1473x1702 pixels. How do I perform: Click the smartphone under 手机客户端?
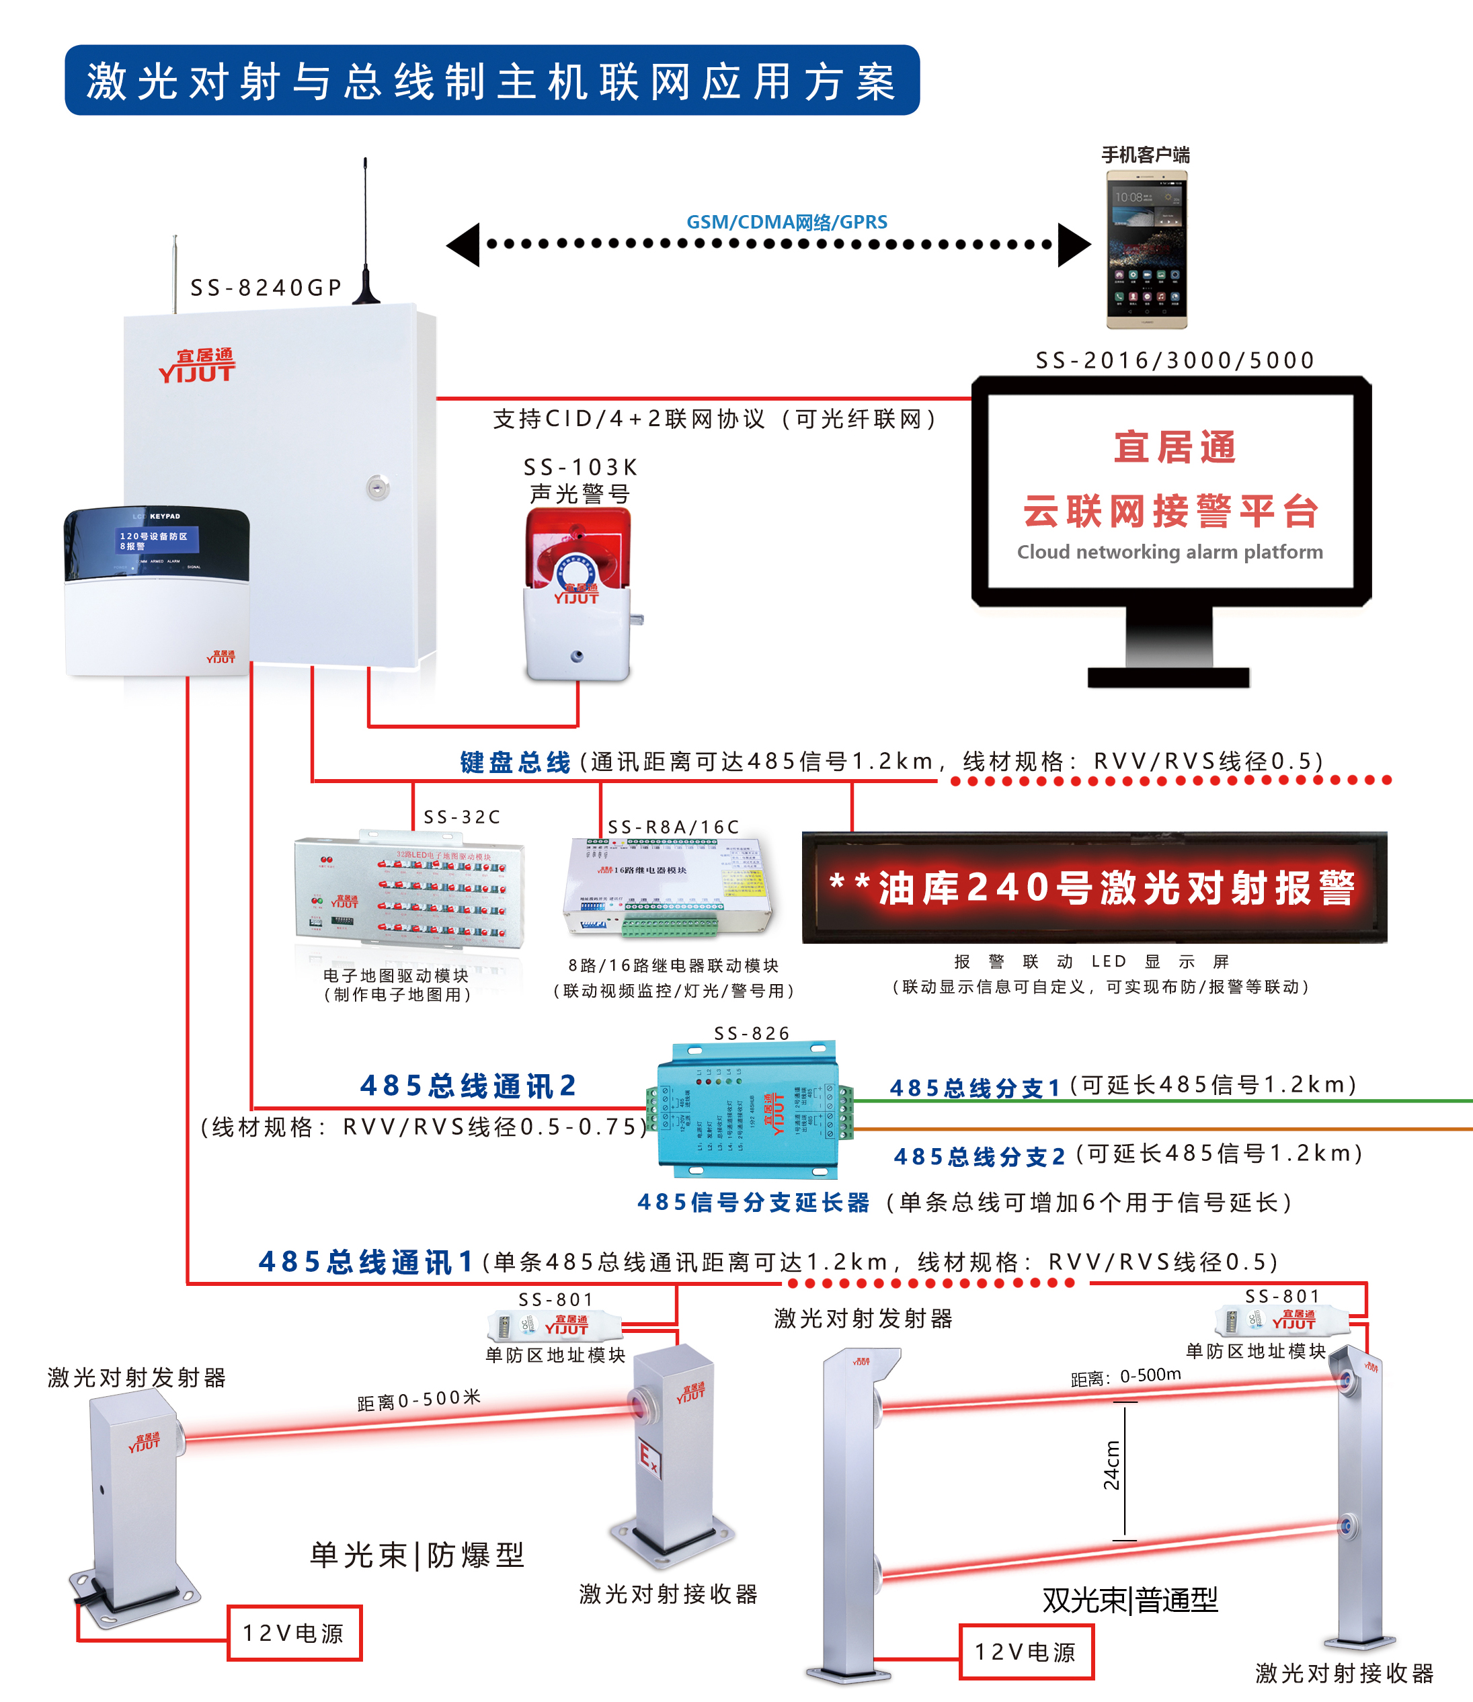pyautogui.click(x=1147, y=250)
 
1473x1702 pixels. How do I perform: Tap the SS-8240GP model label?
pyautogui.click(x=266, y=288)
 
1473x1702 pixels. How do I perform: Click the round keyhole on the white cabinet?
pyautogui.click(x=377, y=487)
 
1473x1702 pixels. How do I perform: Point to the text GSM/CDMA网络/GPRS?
pyautogui.click(x=787, y=222)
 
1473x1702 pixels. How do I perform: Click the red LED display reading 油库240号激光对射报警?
pyautogui.click(x=1093, y=887)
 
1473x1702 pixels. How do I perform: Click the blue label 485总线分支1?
pyautogui.click(x=975, y=1088)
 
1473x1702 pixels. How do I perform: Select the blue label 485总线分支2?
pyautogui.click(x=979, y=1156)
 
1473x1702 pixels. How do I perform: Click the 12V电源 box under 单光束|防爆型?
pyautogui.click(x=293, y=1633)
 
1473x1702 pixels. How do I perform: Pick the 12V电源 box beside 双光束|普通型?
pyautogui.click(x=1026, y=1652)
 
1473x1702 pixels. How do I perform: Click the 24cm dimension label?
pyautogui.click(x=1111, y=1466)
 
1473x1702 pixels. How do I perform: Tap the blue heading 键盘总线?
pyautogui.click(x=516, y=762)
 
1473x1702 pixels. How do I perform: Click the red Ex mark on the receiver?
pyautogui.click(x=649, y=1459)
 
